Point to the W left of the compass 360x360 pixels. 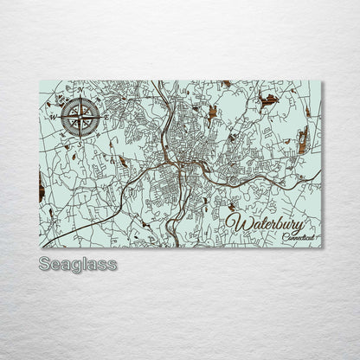coord(51,113)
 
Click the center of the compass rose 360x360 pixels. coord(80,112)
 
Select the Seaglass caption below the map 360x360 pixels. coord(77,264)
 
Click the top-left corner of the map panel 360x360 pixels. coord(40,80)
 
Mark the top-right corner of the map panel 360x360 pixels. coord(321,80)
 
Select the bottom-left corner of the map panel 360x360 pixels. coord(40,247)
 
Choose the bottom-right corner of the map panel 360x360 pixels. coord(321,247)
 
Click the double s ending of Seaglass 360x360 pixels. coord(107,264)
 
